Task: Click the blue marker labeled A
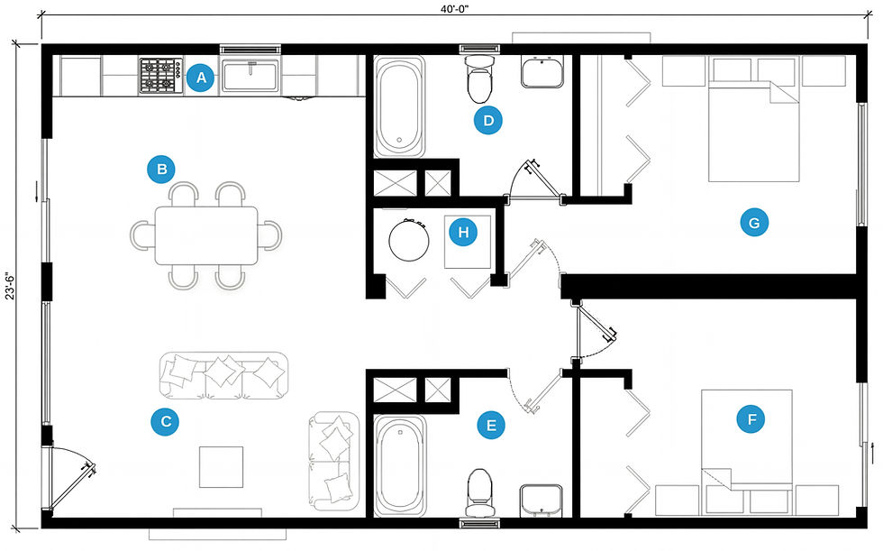pos(201,78)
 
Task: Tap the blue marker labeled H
pos(463,232)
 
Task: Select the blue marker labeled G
pos(754,223)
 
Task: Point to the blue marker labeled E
pos(491,425)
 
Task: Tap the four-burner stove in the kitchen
pos(161,76)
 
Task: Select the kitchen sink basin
pos(250,77)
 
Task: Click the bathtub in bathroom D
pos(400,106)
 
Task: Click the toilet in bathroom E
pos(479,492)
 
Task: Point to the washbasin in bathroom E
pos(542,500)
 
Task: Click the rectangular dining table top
pos(206,235)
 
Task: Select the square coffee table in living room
pos(222,467)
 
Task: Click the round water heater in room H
pos(409,240)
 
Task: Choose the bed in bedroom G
pos(753,131)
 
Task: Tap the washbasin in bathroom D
pos(542,72)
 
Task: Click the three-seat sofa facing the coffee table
pos(224,375)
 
